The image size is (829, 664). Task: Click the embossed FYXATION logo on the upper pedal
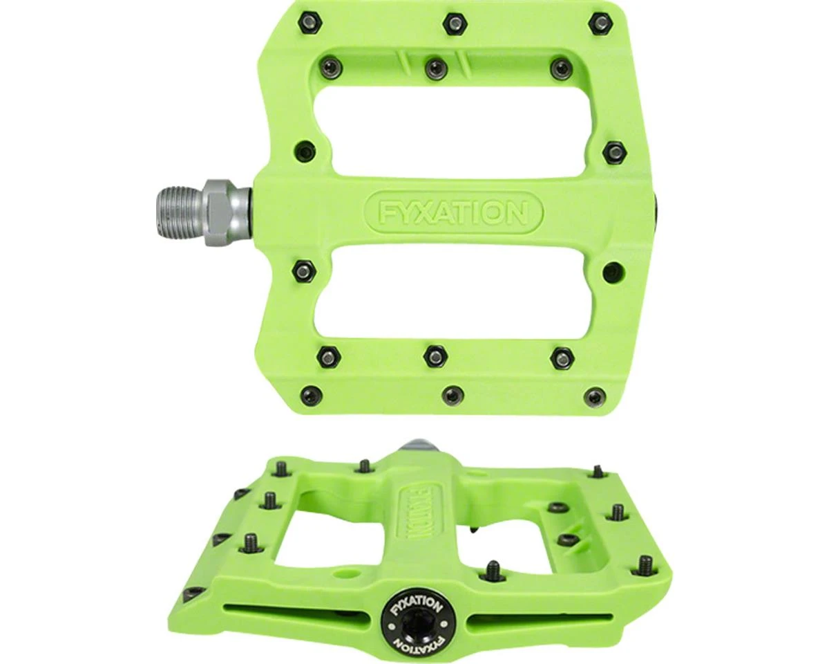453,212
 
